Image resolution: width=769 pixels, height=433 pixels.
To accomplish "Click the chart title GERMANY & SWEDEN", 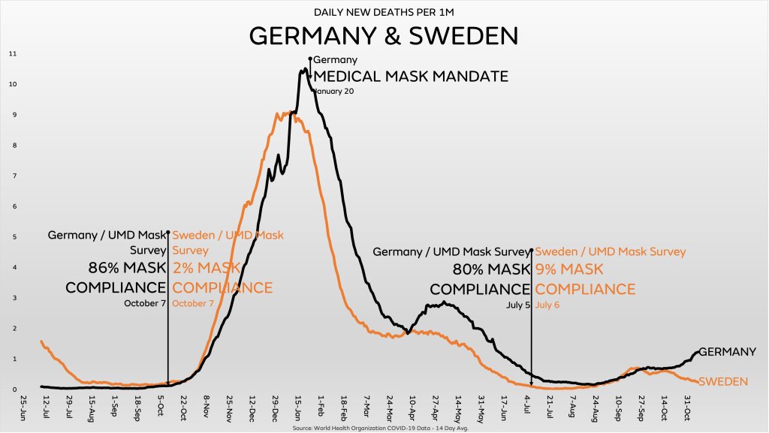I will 384,36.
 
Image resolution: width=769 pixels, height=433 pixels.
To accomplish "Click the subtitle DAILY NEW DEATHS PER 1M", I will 384,12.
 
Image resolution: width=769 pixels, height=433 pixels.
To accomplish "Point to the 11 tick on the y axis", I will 13,54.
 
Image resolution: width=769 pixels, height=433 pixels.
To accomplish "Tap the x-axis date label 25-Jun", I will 25,406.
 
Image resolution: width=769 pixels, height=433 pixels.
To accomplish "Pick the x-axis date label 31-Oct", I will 686,406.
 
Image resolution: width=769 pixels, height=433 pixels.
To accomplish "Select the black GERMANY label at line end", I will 727,352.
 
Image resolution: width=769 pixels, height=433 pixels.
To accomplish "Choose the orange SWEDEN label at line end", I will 722,382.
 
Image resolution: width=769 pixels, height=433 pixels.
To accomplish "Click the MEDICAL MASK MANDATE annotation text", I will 410,77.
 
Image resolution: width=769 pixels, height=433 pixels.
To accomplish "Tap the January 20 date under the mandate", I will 333,91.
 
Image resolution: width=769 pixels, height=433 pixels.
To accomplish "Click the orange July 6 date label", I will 547,305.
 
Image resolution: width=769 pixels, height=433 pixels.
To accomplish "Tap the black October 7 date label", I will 144,303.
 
